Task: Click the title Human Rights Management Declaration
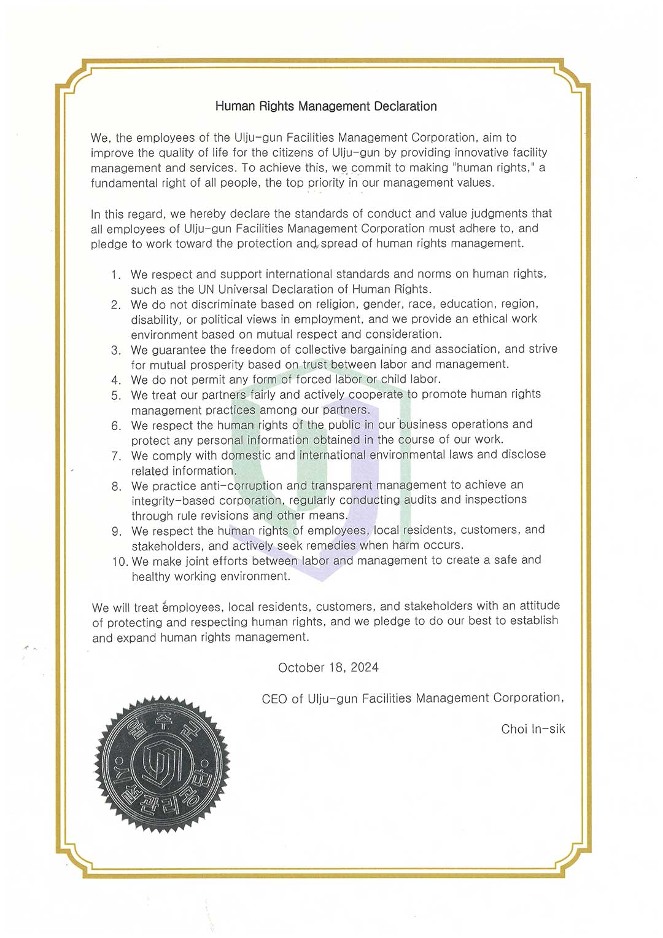326,106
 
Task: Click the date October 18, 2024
328,668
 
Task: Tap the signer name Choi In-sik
533,729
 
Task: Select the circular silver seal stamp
161,764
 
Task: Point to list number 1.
116,275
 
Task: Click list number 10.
120,561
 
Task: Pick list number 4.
116,380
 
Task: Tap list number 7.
116,456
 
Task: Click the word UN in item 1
206,289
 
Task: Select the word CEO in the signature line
274,699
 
